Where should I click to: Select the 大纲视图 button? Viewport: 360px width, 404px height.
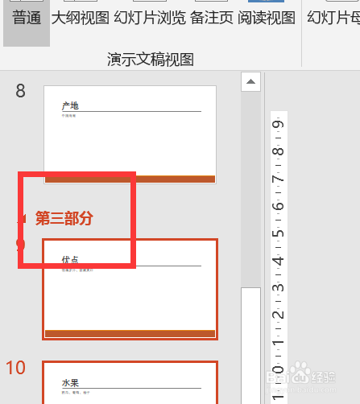[x=81, y=18]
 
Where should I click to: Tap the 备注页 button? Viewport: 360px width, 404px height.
[x=212, y=18]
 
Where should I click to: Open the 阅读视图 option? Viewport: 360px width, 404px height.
[x=267, y=18]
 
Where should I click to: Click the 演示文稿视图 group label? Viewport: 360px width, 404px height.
[x=151, y=59]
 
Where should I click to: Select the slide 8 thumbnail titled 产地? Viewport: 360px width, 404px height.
[x=130, y=134]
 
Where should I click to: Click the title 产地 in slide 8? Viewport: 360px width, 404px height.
[x=70, y=105]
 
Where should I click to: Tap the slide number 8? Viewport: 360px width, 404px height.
[x=21, y=91]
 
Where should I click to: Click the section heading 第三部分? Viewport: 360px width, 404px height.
[x=64, y=217]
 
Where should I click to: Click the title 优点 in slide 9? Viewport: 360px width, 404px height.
[x=70, y=260]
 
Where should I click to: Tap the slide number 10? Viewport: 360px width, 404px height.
[x=16, y=368]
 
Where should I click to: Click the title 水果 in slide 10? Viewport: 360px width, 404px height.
[x=70, y=382]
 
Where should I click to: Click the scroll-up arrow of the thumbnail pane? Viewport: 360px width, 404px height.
[x=251, y=81]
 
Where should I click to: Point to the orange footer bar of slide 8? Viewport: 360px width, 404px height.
[x=130, y=179]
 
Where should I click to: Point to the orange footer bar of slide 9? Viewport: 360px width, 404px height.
[x=130, y=333]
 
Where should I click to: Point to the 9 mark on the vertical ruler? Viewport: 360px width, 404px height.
[x=277, y=124]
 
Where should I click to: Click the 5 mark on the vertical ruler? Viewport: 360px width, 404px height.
[x=277, y=235]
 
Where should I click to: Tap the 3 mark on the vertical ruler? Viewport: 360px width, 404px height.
[x=277, y=290]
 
